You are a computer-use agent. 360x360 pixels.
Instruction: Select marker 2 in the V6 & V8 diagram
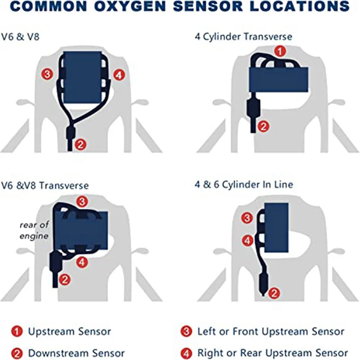point(80,144)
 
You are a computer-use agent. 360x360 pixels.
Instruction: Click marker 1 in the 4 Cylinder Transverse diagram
point(280,51)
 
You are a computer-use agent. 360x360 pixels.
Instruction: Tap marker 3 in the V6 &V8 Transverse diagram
point(82,200)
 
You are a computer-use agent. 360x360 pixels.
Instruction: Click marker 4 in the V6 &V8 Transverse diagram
point(81,261)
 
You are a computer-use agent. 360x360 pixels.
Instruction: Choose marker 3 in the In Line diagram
point(247,219)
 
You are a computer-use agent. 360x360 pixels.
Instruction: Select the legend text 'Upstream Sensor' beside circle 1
point(69,332)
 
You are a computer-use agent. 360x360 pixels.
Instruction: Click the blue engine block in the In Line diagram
point(276,228)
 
